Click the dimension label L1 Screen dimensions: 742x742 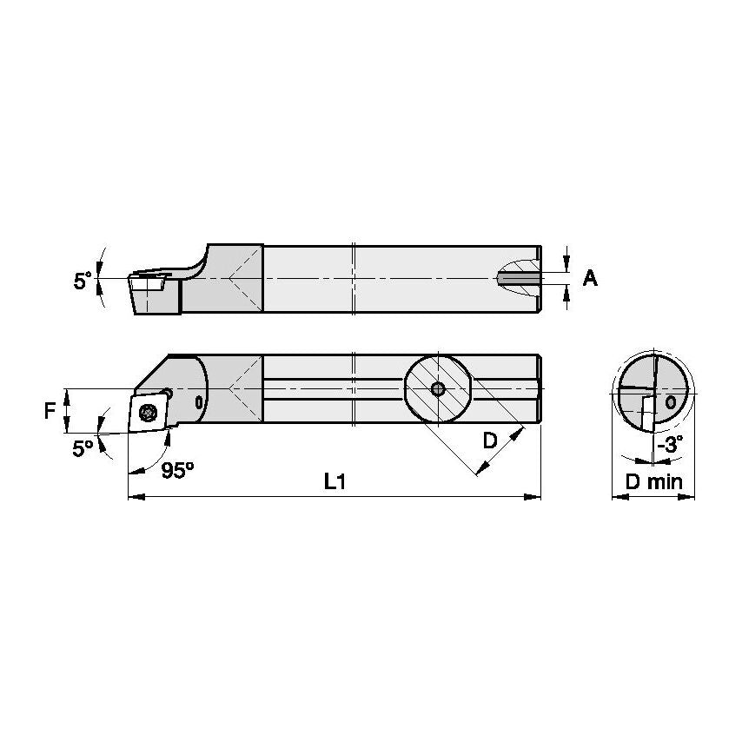335,483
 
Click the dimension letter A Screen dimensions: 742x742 590,278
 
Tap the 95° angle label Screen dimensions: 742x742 178,470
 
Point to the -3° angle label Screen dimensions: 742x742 670,443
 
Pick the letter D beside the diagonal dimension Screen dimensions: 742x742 490,441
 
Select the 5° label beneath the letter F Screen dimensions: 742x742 83,449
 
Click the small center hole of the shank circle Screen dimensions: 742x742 438,388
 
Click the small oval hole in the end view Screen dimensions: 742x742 671,402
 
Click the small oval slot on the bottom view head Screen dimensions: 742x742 200,402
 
